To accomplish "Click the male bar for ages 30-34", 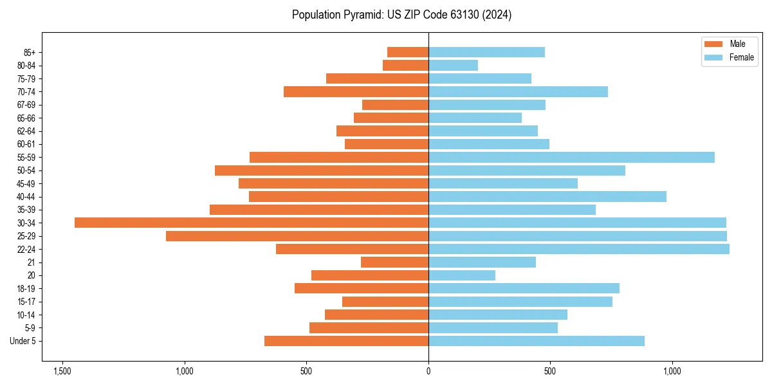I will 252,223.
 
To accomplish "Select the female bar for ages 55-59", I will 571,157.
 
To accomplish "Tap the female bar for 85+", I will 486,52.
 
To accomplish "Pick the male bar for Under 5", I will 346,341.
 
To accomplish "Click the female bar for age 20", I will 462,275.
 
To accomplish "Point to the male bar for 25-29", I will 297,236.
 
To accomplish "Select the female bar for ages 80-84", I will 453,65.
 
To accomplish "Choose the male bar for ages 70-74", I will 356,91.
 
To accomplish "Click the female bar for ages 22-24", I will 579,249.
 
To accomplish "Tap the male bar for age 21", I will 394,262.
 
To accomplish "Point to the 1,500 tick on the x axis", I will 62,372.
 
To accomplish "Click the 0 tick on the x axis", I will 428,372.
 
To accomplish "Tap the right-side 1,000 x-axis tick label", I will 672,372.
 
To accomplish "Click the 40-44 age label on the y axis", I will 26,197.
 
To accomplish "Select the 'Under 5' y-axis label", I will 23,341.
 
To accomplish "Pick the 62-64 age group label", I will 26,131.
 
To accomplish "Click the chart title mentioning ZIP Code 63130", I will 401,15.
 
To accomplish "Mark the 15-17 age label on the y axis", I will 26,302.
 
